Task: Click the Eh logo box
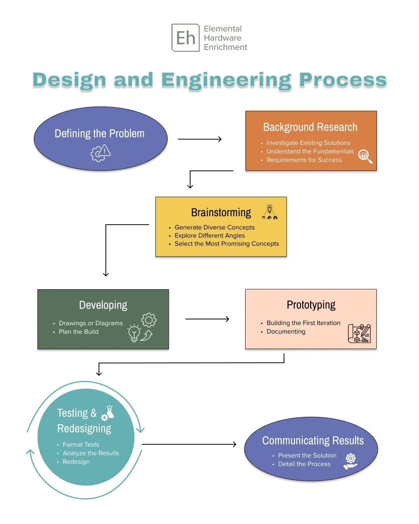point(185,38)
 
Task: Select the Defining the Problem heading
point(99,134)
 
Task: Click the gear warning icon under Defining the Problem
point(100,153)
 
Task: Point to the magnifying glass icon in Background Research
point(365,156)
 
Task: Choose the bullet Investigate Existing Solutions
point(308,143)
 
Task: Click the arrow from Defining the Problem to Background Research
point(199,139)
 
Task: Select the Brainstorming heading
point(221,212)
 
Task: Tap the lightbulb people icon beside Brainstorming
point(270,212)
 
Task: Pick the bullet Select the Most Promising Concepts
point(227,244)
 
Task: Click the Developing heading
point(103,305)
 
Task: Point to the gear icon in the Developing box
point(149,320)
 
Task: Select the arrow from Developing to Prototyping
point(207,319)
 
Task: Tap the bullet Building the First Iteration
point(303,323)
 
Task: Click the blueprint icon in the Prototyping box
point(359,333)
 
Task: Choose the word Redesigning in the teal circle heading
point(84,429)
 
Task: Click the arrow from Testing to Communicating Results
point(189,444)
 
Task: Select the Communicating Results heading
point(313,441)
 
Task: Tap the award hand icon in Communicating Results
point(350,461)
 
